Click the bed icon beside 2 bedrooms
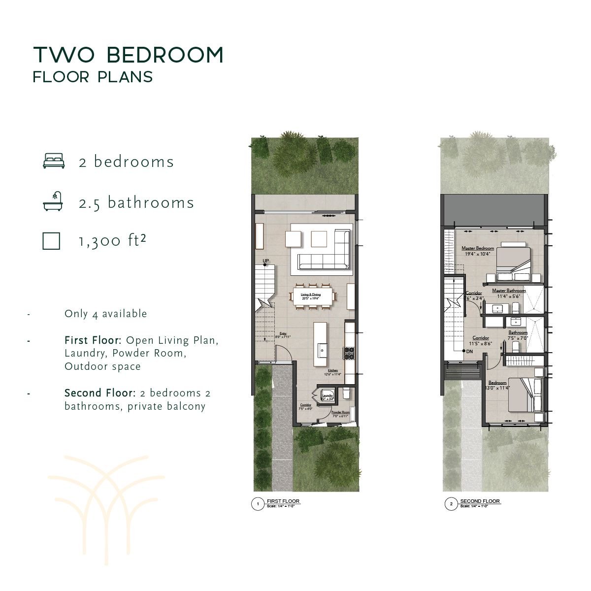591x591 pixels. pyautogui.click(x=54, y=161)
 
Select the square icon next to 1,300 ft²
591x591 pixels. pyautogui.click(x=51, y=241)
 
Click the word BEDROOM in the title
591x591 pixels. pyautogui.click(x=165, y=55)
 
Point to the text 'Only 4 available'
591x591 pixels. pyautogui.click(x=105, y=314)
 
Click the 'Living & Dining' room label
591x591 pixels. pyautogui.click(x=311, y=295)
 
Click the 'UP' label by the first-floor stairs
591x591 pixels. pyautogui.click(x=265, y=261)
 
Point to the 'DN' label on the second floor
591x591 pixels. pyautogui.click(x=469, y=351)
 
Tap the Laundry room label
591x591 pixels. pyautogui.click(x=327, y=395)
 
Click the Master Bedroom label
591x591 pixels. pyautogui.click(x=477, y=248)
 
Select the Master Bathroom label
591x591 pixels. pyautogui.click(x=509, y=291)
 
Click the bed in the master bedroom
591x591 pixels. pyautogui.click(x=513, y=258)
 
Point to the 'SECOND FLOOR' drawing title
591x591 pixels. pyautogui.click(x=480, y=501)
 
